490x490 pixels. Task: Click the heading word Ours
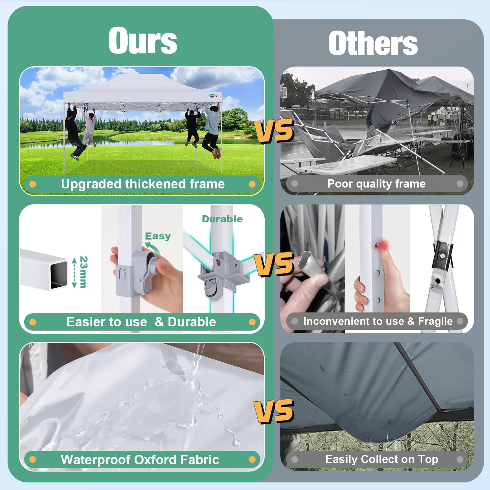(x=142, y=41)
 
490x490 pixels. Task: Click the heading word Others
(x=373, y=43)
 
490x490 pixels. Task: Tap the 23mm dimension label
(x=83, y=272)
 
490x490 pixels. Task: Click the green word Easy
(x=158, y=236)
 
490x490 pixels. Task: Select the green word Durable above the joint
(x=222, y=219)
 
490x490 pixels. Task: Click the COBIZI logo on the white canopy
(x=213, y=96)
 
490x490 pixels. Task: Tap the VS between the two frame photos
(x=275, y=130)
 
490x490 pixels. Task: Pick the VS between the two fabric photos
(x=274, y=410)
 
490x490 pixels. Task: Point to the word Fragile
(x=435, y=321)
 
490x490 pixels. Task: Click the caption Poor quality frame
(x=376, y=184)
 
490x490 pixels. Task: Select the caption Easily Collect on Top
(x=382, y=459)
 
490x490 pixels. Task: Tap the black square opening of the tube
(x=59, y=275)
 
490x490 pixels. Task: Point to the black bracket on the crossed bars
(x=443, y=256)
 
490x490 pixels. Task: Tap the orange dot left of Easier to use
(x=33, y=322)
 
